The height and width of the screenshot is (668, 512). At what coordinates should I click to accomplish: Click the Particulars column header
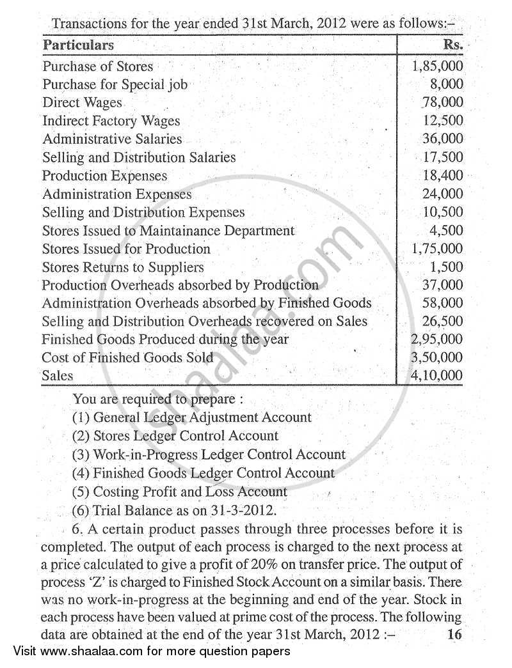(x=78, y=45)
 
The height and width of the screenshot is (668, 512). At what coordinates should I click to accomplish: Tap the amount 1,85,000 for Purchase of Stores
(x=438, y=66)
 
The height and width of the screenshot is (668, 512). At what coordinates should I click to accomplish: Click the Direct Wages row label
(x=82, y=102)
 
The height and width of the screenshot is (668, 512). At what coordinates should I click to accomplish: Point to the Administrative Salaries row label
(x=112, y=139)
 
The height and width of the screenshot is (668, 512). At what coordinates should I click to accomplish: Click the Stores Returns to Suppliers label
(x=123, y=267)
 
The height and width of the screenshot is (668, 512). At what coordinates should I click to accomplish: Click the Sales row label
(x=58, y=376)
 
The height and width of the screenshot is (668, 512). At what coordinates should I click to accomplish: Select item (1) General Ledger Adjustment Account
(x=192, y=417)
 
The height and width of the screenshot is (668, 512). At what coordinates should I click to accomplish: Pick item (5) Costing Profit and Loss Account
(x=180, y=492)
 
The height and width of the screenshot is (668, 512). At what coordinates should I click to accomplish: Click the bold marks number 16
(x=454, y=635)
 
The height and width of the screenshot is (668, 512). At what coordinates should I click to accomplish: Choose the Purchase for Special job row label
(x=115, y=84)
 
